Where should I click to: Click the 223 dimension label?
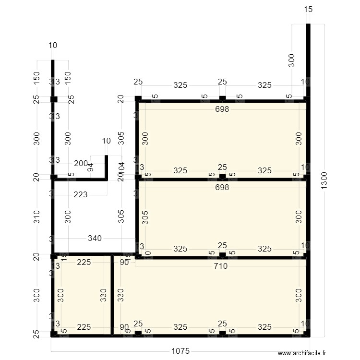click(81, 195)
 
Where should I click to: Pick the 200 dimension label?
click(81, 164)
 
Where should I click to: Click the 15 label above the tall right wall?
click(308, 9)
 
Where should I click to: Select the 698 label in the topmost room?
click(222, 109)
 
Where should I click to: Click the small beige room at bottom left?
click(82, 295)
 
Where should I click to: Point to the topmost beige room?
click(222, 139)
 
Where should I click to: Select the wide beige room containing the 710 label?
click(211, 298)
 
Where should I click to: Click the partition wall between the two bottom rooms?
click(112, 295)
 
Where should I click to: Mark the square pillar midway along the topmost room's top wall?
click(222, 99)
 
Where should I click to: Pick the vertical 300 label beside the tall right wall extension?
click(291, 60)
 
